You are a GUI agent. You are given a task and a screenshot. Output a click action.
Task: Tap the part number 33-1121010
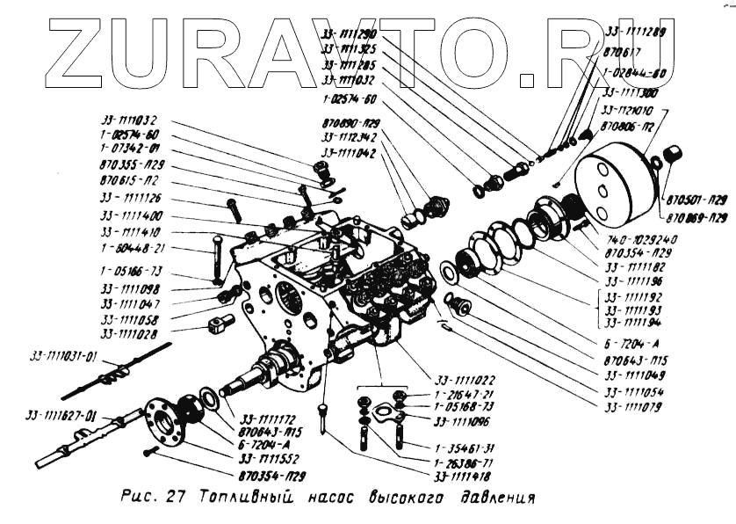point(629,112)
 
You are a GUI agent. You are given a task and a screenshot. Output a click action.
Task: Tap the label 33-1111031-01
point(65,355)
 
